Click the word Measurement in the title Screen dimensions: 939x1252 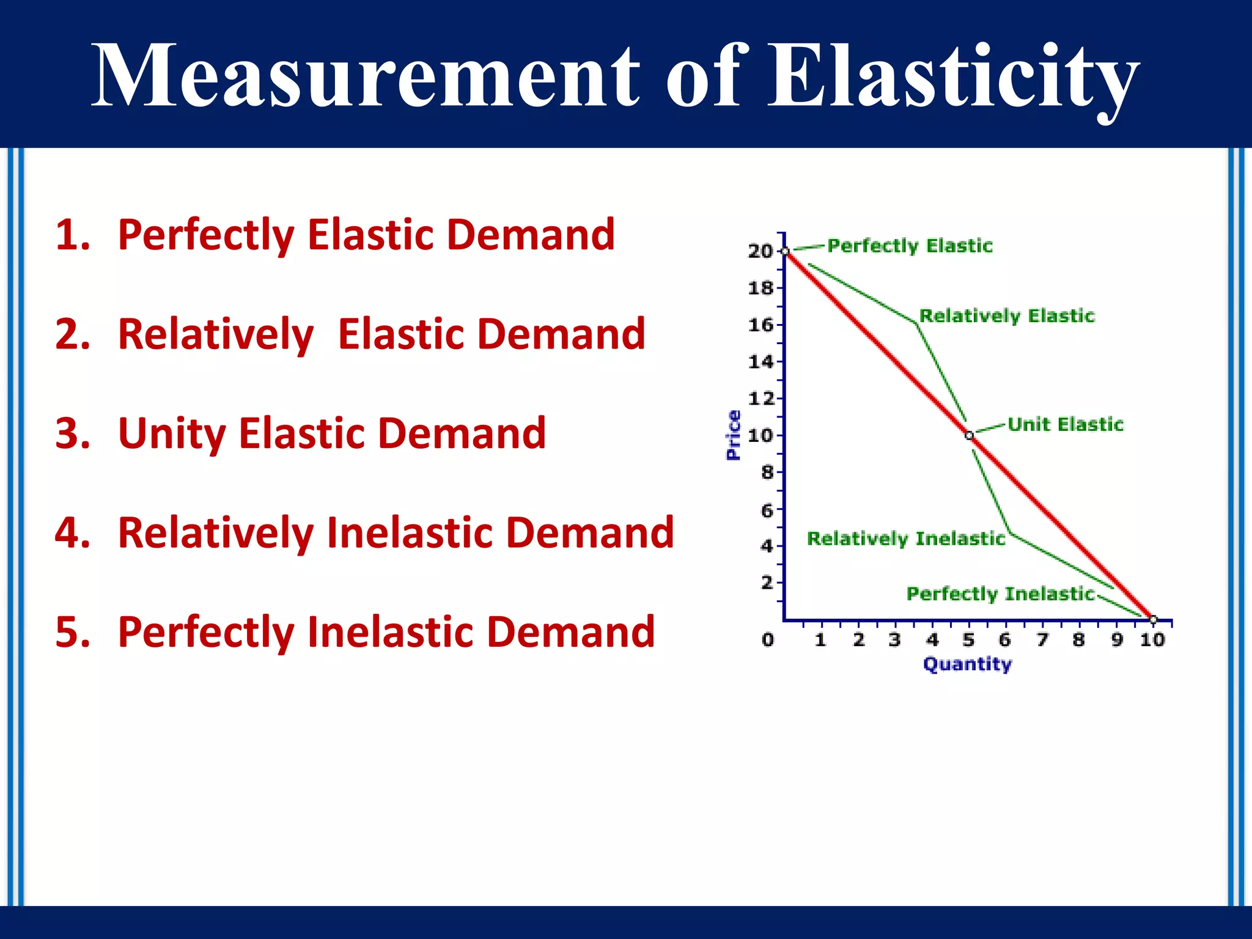click(366, 76)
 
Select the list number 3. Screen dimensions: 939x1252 click(72, 433)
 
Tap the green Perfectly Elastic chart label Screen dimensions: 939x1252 click(910, 246)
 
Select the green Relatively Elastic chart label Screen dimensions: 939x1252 click(1007, 316)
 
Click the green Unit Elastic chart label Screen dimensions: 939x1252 click(1065, 424)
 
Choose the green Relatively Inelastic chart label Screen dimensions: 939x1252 click(906, 539)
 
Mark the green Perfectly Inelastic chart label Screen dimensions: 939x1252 click(1000, 594)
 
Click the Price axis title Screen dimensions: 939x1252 click(733, 435)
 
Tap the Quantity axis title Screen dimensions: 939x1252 click(967, 664)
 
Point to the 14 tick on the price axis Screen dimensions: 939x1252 click(760, 362)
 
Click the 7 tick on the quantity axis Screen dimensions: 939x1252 click(1042, 639)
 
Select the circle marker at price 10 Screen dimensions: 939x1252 click(969, 435)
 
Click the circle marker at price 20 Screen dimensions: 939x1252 click(786, 251)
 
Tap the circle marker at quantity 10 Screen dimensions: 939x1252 click(1153, 620)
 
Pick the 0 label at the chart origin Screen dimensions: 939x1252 click(768, 639)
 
